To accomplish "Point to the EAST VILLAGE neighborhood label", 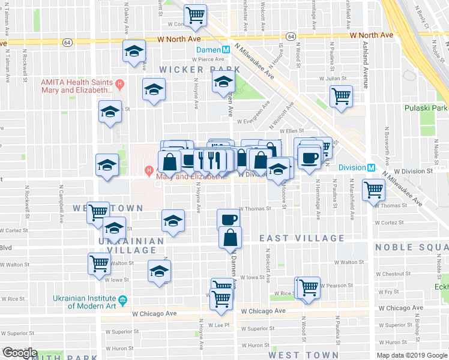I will (302, 238).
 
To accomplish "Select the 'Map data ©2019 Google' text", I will (411, 355).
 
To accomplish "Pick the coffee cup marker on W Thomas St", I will (229, 219).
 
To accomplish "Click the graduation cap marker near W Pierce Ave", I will (134, 51).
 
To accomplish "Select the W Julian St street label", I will (333, 78).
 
